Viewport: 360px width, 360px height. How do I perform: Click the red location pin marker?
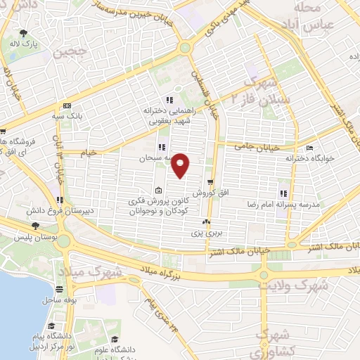click(181, 165)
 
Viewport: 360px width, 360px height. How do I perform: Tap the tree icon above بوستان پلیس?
click(35, 226)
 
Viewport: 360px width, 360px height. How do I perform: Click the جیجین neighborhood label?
click(77, 51)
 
